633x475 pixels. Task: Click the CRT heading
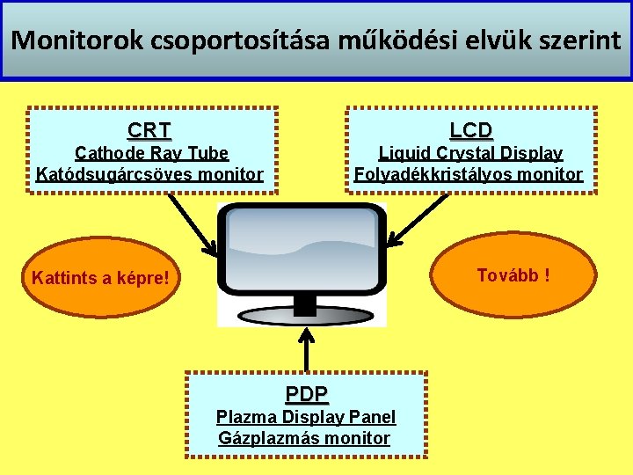click(149, 131)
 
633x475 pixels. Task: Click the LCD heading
click(471, 130)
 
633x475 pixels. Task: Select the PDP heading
click(307, 393)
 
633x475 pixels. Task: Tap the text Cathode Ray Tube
click(151, 153)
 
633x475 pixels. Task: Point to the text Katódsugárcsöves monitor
click(149, 173)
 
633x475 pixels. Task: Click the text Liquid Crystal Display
click(470, 153)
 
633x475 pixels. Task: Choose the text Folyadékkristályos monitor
click(469, 173)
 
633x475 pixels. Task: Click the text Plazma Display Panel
click(306, 417)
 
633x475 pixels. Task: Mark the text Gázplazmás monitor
click(304, 437)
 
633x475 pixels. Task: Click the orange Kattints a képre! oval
click(99, 279)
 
